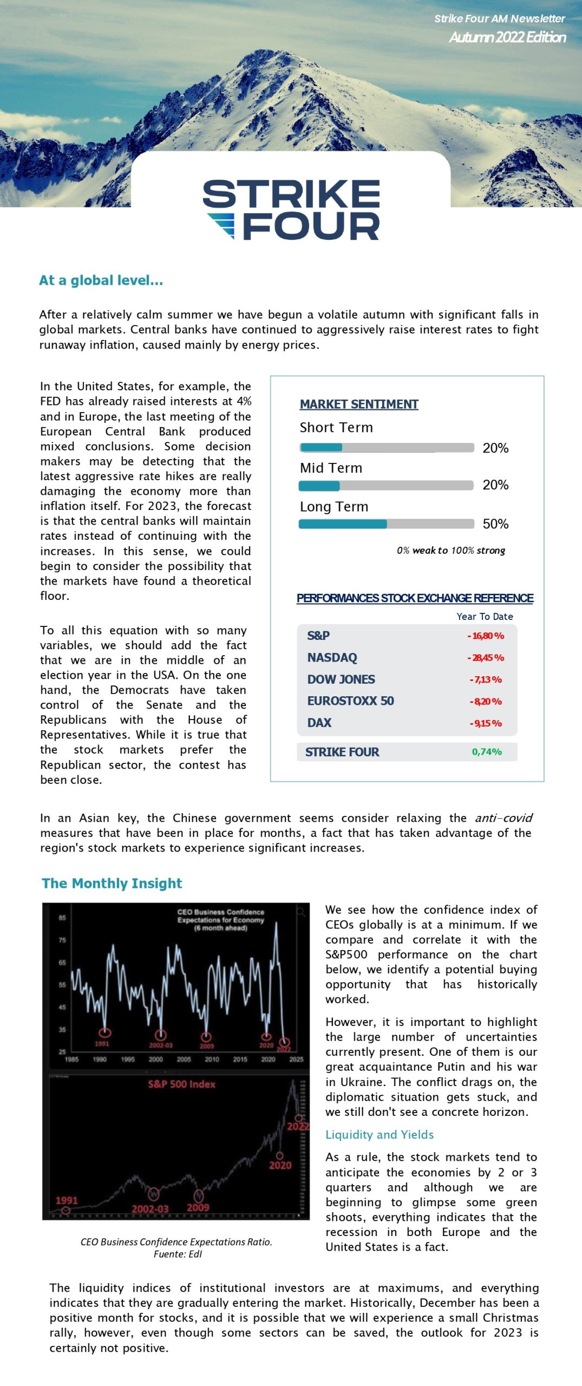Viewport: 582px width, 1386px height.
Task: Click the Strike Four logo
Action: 291,210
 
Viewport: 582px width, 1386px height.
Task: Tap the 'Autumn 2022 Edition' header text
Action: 507,37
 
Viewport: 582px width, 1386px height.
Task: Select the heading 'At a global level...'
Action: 101,280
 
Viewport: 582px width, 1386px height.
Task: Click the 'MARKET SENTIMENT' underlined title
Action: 359,404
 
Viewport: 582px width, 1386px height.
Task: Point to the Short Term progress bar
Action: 387,448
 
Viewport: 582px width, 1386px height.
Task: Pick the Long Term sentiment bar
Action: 387,524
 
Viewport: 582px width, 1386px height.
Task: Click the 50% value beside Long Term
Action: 495,524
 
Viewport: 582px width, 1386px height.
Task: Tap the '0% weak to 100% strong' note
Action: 450,551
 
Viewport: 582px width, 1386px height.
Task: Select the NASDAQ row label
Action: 332,658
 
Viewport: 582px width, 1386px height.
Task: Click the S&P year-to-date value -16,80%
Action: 486,636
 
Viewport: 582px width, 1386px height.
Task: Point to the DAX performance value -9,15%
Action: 486,723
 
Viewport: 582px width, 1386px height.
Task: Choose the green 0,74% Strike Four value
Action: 487,752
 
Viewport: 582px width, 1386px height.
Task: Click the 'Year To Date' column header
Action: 485,617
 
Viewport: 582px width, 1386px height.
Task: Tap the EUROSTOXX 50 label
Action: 350,701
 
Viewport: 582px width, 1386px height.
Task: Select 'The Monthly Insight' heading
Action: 112,884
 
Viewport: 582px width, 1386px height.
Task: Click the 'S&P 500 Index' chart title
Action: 181,1084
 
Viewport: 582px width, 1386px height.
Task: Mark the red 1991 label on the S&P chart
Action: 67,1201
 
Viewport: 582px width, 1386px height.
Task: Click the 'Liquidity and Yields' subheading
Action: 380,1135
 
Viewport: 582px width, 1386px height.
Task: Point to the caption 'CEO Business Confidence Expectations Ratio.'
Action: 176,1242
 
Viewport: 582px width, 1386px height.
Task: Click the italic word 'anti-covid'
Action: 503,818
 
